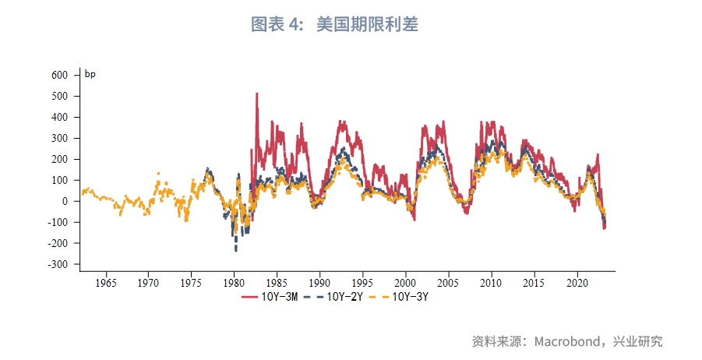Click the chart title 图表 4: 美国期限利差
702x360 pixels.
point(335,25)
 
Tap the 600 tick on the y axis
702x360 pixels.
point(60,76)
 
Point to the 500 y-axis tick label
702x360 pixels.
point(60,97)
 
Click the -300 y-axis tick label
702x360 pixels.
point(58,264)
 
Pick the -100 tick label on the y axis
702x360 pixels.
point(58,222)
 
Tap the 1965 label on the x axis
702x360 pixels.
point(106,282)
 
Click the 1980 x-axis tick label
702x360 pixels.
point(235,282)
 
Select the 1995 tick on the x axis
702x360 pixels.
point(362,282)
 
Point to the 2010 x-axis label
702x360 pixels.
point(491,282)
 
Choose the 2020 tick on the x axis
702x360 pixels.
point(577,282)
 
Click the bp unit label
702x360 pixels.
point(90,75)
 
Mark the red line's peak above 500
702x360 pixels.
point(257,94)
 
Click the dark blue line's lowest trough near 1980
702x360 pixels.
point(236,250)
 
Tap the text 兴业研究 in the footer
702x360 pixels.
point(639,341)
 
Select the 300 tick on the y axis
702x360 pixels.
point(60,139)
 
